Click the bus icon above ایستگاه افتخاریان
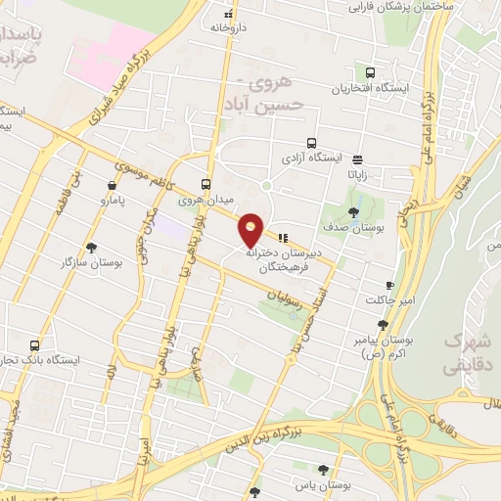370,71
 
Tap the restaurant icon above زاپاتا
358,159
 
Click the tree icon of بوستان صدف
353,212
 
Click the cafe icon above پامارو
114,185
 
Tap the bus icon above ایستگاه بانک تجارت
35,345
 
